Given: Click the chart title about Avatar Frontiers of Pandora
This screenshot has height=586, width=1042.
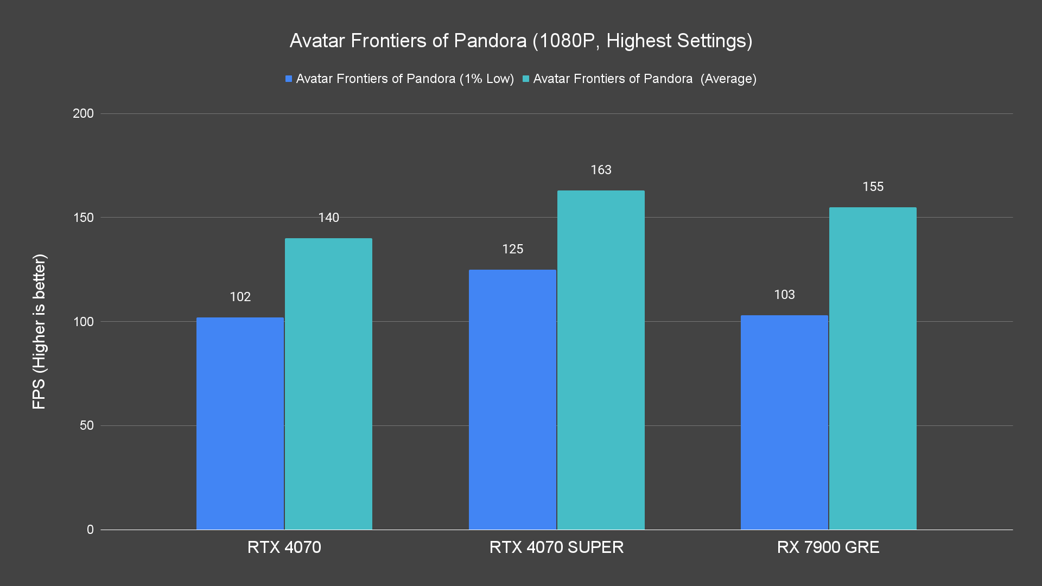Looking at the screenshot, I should pos(520,41).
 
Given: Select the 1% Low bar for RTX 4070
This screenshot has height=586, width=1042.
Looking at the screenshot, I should pos(240,423).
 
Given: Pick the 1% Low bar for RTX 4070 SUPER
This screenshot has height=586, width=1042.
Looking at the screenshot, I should pos(512,399).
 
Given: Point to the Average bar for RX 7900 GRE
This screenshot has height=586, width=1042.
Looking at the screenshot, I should pos(873,368).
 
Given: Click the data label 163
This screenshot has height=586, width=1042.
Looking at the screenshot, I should pos(601,170).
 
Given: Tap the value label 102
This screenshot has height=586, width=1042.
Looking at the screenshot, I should pos(240,297).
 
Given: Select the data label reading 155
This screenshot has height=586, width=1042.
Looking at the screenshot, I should pos(873,187).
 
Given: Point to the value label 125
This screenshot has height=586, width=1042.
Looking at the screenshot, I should pos(512,249).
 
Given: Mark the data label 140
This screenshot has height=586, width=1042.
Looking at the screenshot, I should pos(328,218).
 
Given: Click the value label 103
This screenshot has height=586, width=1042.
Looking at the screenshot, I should pos(784,295).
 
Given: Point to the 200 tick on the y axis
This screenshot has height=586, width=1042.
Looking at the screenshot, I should pos(83,113).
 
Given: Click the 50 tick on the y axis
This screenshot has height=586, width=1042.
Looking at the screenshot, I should pos(86,425).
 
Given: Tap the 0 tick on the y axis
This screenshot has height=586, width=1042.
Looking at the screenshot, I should pos(90,530).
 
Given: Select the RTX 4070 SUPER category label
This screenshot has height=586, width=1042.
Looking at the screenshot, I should pos(556,547).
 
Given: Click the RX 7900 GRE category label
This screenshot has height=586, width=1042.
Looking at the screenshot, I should pos(828,547).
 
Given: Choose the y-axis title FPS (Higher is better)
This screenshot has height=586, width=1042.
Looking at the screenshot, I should pos(39,331).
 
